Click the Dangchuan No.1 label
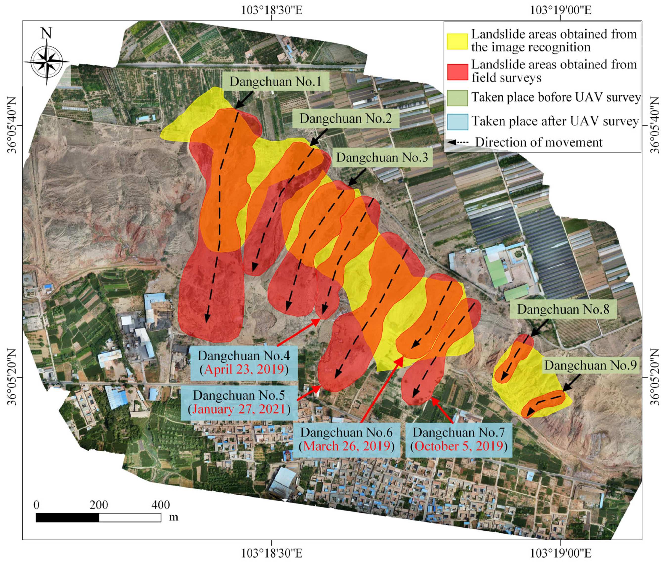pos(275,81)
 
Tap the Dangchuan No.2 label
pos(345,119)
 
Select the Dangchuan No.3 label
pos(382,157)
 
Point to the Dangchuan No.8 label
pos(563,309)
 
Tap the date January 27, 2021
pos(239,409)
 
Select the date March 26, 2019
pos(346,446)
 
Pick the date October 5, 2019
pos(459,446)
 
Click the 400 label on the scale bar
pos(160,505)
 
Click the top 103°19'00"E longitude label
pos(561,10)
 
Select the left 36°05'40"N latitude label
pos(12,125)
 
